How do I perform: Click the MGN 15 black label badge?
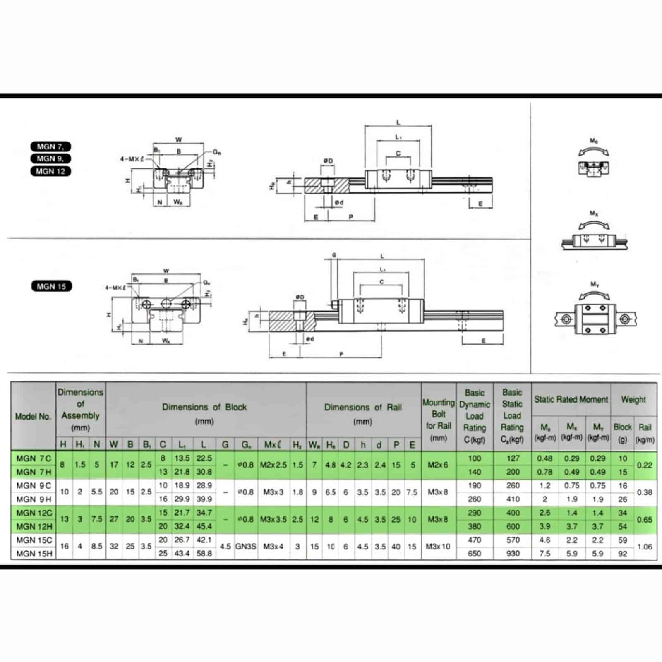coord(51,286)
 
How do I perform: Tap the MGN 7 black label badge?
coord(50,146)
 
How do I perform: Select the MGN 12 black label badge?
coord(50,171)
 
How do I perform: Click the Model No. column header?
coord(33,416)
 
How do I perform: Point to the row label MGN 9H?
coord(34,499)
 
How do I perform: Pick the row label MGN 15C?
coord(34,540)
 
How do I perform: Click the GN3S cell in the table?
coord(246,547)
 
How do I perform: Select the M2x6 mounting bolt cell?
coord(438,465)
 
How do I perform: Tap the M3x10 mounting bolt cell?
coord(438,547)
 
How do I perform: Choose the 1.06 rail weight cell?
coord(645,547)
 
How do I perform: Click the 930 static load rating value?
coord(513,554)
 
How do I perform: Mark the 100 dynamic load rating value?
coord(475,458)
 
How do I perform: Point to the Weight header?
coord(633,399)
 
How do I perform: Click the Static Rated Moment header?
coord(571,399)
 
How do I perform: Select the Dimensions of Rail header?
coord(363,408)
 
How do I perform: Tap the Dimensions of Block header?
coord(204,408)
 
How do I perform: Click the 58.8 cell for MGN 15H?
coord(204,554)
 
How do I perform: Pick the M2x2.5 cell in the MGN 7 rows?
coord(273,465)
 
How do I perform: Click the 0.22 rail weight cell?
coord(645,465)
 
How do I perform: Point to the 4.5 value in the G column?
coord(225,547)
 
